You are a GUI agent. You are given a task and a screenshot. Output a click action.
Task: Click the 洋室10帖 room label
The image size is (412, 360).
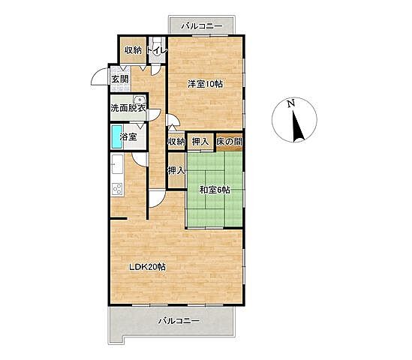tap(205, 84)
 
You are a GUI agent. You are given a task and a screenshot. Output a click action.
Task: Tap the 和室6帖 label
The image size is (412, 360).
tap(215, 190)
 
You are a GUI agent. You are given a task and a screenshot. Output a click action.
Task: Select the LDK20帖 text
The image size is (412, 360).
tap(147, 267)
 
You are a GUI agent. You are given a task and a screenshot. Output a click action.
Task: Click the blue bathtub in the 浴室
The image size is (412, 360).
tap(117, 136)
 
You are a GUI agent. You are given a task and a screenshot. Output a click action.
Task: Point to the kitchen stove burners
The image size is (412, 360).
tap(117, 189)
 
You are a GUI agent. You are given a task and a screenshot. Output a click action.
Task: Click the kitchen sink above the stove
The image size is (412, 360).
tap(117, 163)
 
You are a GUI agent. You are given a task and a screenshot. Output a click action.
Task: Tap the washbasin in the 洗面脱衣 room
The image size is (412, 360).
tap(139, 100)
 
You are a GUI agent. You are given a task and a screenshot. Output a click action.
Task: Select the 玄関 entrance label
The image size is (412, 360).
tap(120, 79)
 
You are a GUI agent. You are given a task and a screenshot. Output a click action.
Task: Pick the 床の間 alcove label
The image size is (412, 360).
tap(229, 142)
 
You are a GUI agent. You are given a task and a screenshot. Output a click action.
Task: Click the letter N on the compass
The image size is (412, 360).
tap(290, 103)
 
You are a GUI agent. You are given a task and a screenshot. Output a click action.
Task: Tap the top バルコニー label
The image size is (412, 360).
tap(202, 26)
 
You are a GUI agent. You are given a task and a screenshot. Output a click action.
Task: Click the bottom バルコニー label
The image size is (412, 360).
tap(179, 321)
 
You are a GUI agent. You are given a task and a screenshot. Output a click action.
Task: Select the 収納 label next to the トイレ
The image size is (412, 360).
tap(133, 50)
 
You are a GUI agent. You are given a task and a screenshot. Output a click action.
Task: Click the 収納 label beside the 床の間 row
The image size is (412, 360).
tap(176, 142)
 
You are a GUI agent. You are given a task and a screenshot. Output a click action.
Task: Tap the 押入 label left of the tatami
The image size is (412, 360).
tap(176, 171)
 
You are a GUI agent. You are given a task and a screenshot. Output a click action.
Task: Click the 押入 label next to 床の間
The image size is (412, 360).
tap(200, 142)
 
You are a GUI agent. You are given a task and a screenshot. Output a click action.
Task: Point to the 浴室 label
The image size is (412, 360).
tap(128, 136)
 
